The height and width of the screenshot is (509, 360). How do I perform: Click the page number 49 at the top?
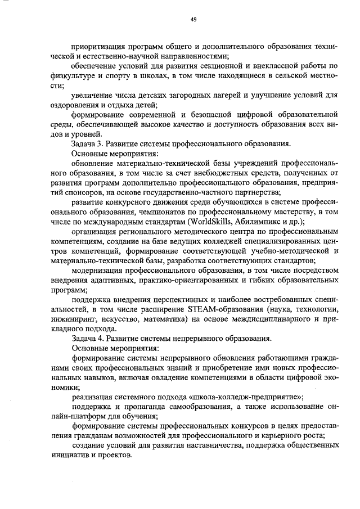(193, 20)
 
